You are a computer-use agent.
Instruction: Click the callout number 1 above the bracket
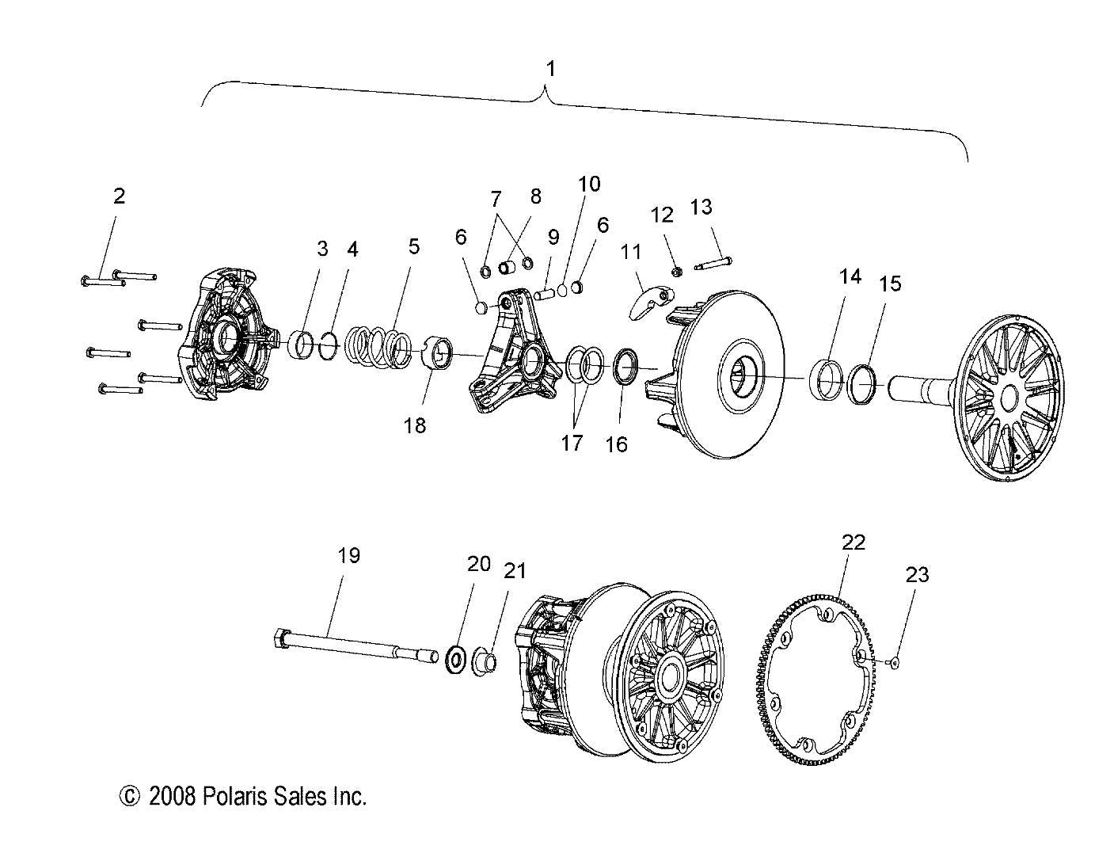550,69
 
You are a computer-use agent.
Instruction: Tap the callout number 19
348,556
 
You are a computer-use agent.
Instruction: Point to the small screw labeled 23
894,663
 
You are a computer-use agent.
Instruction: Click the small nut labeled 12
677,272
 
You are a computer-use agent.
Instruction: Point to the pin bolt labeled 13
713,262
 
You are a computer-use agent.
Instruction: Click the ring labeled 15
863,381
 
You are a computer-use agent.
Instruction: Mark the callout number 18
414,425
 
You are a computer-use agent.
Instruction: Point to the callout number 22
854,543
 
